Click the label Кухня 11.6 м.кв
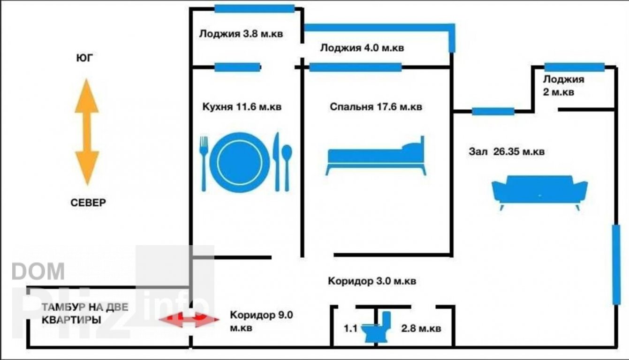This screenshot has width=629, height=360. tap(242, 107)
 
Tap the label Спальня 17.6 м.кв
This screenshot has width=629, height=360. tap(375, 107)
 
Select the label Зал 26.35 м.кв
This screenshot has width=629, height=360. tap(507, 152)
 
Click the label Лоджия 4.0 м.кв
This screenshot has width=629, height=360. tap(362, 48)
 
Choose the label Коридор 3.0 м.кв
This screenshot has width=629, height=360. tap(371, 282)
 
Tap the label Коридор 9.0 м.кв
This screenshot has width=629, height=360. tap(261, 322)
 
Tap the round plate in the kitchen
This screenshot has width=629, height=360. tap(240, 159)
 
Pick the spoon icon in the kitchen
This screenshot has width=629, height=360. tap(287, 166)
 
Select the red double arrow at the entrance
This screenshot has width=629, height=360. tap(189, 319)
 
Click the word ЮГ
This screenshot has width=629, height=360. tap(84, 58)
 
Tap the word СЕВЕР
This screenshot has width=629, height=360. tap(88, 203)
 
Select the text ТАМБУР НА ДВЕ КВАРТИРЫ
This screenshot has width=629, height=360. tap(84, 314)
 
